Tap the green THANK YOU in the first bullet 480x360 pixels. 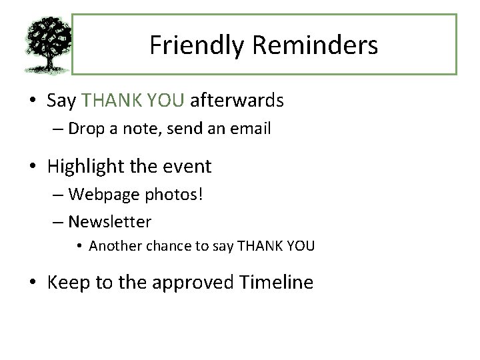click(x=133, y=101)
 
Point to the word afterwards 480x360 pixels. click(x=237, y=101)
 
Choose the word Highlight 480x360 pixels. click(x=88, y=166)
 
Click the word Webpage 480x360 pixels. click(x=101, y=194)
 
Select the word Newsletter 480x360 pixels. click(x=110, y=221)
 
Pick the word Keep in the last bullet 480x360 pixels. click(x=69, y=282)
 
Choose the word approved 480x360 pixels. click(x=193, y=283)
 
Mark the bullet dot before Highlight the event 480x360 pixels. click(x=33, y=167)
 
